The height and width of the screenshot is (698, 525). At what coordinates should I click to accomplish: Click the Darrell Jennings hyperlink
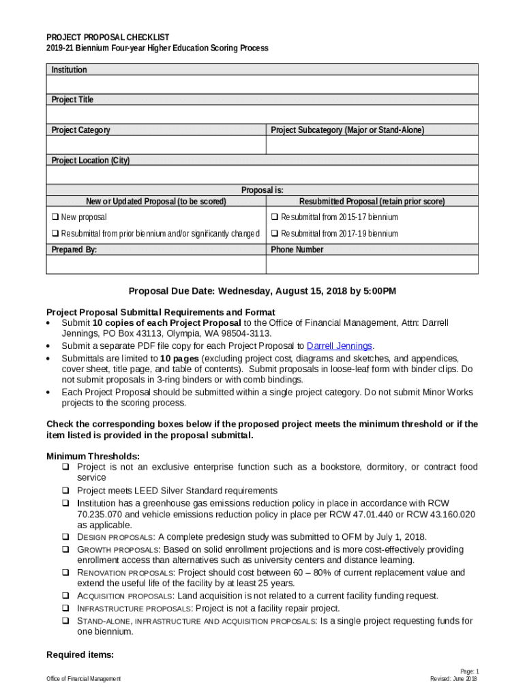pos(340,346)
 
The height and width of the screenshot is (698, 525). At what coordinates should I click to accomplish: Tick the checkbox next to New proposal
pos(55,217)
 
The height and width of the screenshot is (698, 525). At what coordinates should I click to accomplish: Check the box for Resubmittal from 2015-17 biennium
pos(275,217)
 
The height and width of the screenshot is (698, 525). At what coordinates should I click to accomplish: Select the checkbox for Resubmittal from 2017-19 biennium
pos(275,234)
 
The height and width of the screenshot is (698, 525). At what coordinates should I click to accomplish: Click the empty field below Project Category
pos(155,145)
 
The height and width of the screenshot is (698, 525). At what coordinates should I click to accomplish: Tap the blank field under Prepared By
pos(155,264)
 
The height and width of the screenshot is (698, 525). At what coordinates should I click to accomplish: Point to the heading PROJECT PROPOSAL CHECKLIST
pos(108,37)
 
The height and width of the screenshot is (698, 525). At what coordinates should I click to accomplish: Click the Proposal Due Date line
pos(262,291)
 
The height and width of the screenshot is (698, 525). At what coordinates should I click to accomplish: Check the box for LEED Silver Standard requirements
pos(66,491)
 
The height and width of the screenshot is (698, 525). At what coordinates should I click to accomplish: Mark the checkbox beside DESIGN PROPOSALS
pos(66,537)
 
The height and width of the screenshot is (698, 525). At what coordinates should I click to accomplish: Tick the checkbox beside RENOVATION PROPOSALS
pos(66,573)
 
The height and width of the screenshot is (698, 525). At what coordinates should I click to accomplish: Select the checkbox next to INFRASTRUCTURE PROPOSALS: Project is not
pos(66,608)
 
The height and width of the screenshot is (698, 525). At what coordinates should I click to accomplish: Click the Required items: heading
pos(79,655)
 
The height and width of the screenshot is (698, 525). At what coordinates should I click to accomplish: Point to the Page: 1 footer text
pos(469,671)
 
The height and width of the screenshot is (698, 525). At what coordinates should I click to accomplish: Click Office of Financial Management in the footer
pos(83,679)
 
